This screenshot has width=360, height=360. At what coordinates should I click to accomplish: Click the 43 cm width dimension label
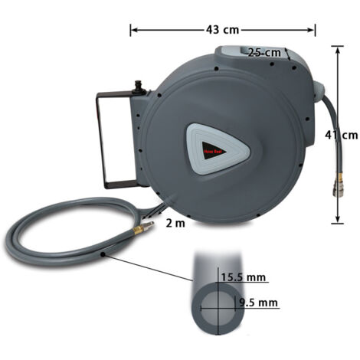coord(223,30)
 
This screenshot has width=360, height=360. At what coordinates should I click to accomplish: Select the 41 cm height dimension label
coord(339,135)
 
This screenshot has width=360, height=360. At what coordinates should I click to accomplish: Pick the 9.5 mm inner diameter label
coord(257,303)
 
